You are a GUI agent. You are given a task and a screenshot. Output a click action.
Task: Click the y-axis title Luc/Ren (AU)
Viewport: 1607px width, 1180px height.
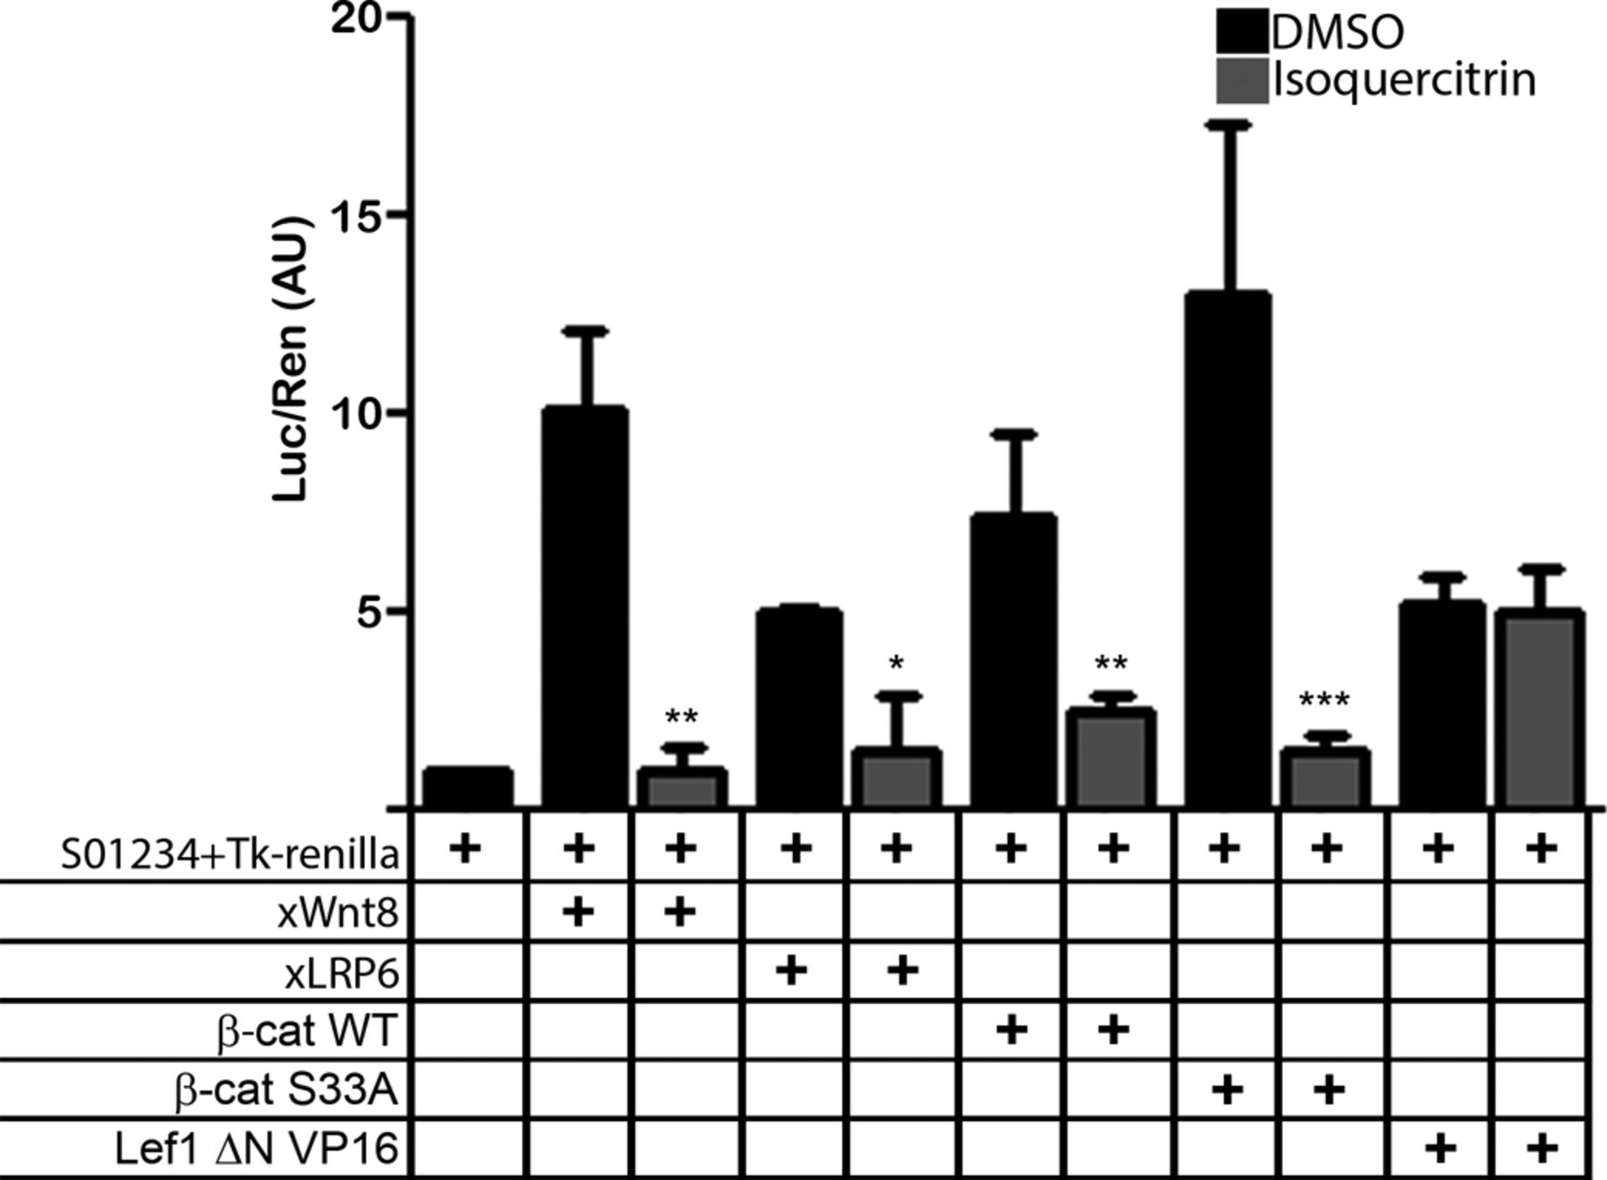click(291, 359)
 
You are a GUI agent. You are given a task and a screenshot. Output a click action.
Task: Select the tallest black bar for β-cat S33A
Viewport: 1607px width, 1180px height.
click(1227, 549)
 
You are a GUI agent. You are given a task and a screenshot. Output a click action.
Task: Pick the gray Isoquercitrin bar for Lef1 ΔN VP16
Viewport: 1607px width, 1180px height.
click(1539, 709)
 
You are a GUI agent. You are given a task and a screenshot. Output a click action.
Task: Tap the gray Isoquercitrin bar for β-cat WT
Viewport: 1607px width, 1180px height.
click(1112, 758)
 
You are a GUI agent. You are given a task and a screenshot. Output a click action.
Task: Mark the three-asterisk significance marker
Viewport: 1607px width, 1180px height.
click(1325, 702)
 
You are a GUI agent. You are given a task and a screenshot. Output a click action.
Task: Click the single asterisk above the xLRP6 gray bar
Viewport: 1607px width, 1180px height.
click(897, 663)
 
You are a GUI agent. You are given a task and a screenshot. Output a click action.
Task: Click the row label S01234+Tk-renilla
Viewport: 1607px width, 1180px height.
click(229, 855)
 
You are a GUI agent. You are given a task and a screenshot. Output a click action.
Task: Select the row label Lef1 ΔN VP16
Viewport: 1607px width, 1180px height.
click(256, 1149)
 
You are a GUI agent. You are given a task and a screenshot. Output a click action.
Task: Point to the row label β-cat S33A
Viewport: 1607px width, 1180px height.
click(286, 1091)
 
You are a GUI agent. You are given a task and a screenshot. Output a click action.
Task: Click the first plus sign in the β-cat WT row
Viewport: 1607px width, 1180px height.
click(1011, 1030)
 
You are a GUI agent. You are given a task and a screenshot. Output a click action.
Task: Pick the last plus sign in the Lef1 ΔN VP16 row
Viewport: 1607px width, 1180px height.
click(1540, 1148)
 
